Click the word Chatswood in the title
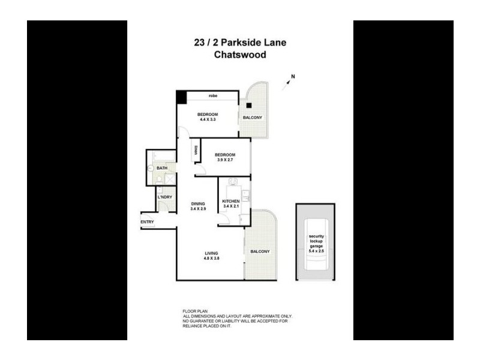click(240, 55)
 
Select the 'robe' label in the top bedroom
click(212, 96)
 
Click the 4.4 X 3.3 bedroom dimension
click(208, 120)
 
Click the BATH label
click(161, 168)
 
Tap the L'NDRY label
click(164, 197)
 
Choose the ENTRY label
click(147, 222)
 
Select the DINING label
click(199, 203)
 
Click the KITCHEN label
click(231, 201)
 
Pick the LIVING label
click(211, 253)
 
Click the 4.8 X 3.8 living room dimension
click(211, 259)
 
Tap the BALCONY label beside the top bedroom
click(252, 118)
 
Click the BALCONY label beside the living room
click(260, 251)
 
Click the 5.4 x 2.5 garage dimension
click(317, 253)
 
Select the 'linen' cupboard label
click(196, 152)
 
